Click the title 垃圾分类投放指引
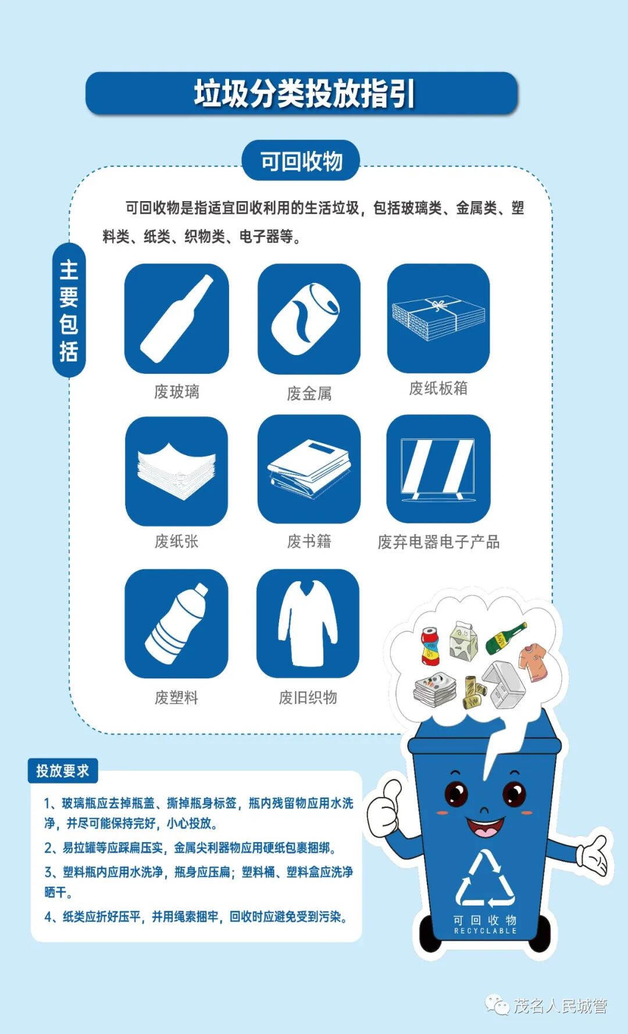304,94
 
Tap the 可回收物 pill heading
301,161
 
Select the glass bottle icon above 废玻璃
176,319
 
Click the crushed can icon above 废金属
309,319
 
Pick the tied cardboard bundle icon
438,319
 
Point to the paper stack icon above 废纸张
176,471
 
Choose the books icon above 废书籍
309,470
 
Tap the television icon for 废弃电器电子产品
438,469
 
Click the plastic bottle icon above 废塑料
176,624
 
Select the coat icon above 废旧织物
308,624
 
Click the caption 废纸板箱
438,388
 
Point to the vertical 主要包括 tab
69,310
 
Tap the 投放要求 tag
63,771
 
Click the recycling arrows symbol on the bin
485,881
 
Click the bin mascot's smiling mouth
484,827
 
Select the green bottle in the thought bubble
505,638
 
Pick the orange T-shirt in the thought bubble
534,662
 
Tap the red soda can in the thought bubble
430,646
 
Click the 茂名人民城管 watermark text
559,1006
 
